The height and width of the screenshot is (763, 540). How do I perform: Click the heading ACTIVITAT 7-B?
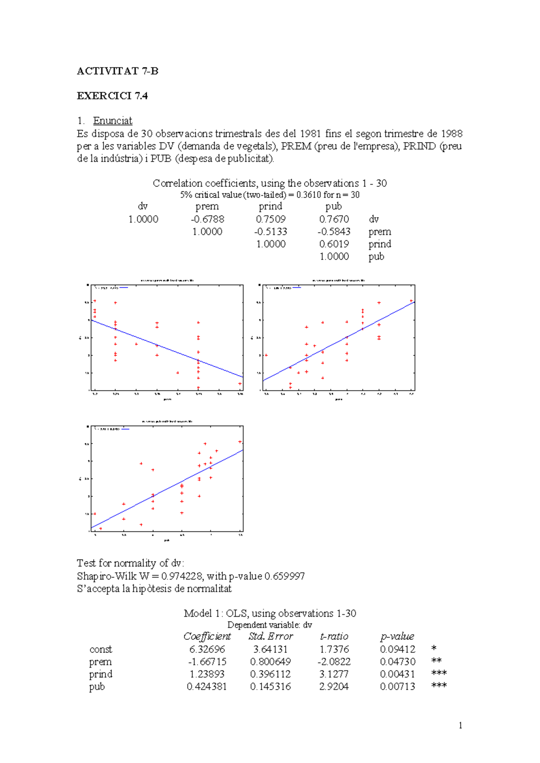pyautogui.click(x=117, y=71)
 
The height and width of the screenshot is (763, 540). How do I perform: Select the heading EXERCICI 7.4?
pyautogui.click(x=112, y=96)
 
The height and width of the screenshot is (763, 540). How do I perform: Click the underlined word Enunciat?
pyautogui.click(x=112, y=121)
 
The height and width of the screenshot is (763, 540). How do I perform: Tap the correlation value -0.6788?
pyautogui.click(x=207, y=219)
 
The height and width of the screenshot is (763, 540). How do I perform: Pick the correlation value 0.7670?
pyautogui.click(x=334, y=219)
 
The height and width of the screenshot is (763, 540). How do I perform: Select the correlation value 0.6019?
pyautogui.click(x=334, y=244)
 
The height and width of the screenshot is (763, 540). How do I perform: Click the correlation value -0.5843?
pyautogui.click(x=333, y=232)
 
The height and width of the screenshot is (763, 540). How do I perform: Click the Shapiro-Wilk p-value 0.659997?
pyautogui.click(x=284, y=576)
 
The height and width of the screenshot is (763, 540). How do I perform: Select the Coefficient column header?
pyautogui.click(x=207, y=636)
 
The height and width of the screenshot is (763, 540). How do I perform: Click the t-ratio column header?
pyautogui.click(x=334, y=636)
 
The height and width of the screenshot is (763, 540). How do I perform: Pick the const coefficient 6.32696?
pyautogui.click(x=207, y=649)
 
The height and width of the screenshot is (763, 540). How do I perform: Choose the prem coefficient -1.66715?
pyautogui.click(x=207, y=662)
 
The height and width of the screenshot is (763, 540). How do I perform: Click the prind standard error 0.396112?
pyautogui.click(x=270, y=674)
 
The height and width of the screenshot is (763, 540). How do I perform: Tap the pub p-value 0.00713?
pyautogui.click(x=397, y=687)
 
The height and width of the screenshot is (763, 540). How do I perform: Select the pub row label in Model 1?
pyautogui.click(x=97, y=687)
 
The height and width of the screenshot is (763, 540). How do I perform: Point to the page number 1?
pyautogui.click(x=460, y=725)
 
